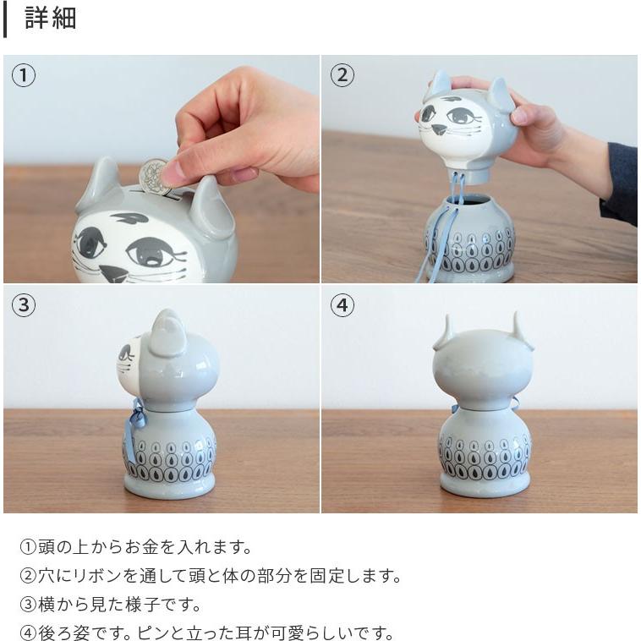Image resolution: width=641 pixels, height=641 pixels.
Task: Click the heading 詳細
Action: point(51,19)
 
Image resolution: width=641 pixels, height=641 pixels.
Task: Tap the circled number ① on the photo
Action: point(24,75)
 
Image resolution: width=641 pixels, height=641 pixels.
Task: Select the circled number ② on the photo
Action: point(342,75)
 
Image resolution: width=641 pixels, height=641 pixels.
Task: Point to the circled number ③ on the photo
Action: point(24,305)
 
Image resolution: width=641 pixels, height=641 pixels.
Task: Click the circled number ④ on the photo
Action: point(342,305)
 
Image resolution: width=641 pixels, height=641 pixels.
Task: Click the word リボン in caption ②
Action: point(90,576)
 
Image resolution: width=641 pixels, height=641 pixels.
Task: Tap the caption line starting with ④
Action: point(206,633)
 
